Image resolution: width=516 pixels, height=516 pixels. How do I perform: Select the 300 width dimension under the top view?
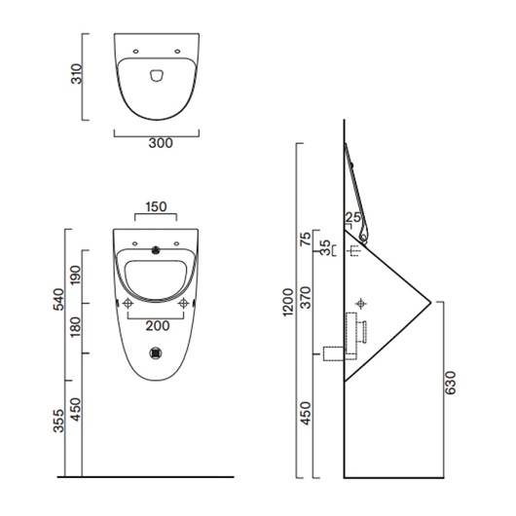tap(161, 143)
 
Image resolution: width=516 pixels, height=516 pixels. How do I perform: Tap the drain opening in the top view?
tap(157, 73)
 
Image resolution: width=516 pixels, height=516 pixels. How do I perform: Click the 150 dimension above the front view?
tap(157, 206)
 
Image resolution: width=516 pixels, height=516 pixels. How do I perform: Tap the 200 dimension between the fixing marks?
tap(157, 325)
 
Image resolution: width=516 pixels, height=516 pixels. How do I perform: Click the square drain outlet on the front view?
tap(158, 355)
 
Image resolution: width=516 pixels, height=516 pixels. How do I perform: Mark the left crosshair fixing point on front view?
tap(129, 303)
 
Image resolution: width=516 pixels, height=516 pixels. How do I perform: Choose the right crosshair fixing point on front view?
tap(184, 303)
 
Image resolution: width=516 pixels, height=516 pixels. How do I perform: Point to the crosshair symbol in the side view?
tap(363, 303)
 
